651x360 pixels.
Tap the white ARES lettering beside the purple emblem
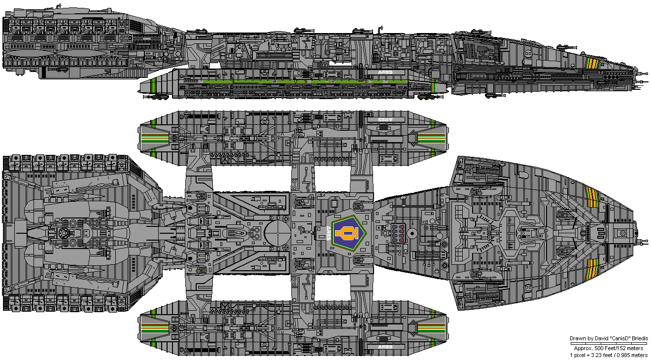click(x=328, y=232)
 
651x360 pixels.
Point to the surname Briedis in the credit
click(x=638, y=338)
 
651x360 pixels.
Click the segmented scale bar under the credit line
click(x=609, y=343)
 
